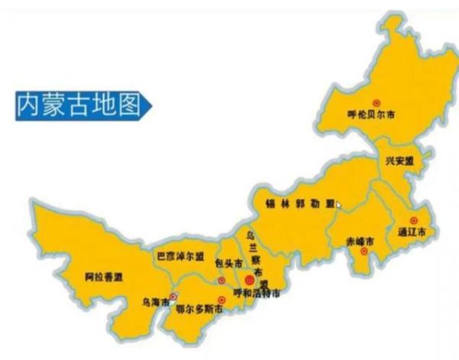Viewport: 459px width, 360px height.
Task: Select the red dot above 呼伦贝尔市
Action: point(376,102)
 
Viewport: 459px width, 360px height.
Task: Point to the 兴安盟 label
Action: point(399,161)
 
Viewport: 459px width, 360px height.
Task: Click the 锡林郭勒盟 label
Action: point(300,204)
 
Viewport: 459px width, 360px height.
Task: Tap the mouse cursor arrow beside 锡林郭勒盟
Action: point(339,205)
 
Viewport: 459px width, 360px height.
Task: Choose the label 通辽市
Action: point(412,232)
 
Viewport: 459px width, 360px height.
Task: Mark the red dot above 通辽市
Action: point(414,219)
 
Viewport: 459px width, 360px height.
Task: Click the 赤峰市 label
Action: point(359,242)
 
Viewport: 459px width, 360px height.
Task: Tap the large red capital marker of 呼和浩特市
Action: point(249,280)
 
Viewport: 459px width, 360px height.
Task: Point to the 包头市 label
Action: point(228,264)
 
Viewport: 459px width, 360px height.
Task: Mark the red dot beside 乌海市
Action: point(173,297)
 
